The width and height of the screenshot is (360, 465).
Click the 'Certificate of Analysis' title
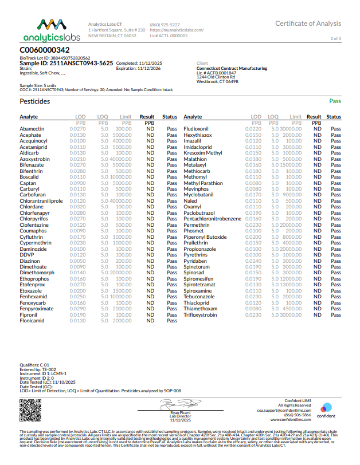point(308,23)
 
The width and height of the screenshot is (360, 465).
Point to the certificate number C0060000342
point(45,50)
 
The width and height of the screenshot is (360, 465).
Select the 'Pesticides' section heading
point(34,101)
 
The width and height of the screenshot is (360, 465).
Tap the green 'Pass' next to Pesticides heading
point(335,101)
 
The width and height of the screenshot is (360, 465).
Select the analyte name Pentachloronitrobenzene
point(212,219)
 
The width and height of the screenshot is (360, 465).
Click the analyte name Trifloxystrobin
point(200,315)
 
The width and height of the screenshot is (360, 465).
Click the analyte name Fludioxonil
point(197,129)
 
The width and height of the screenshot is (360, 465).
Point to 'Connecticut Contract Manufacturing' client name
point(232,68)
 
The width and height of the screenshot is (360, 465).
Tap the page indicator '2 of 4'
point(335,38)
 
